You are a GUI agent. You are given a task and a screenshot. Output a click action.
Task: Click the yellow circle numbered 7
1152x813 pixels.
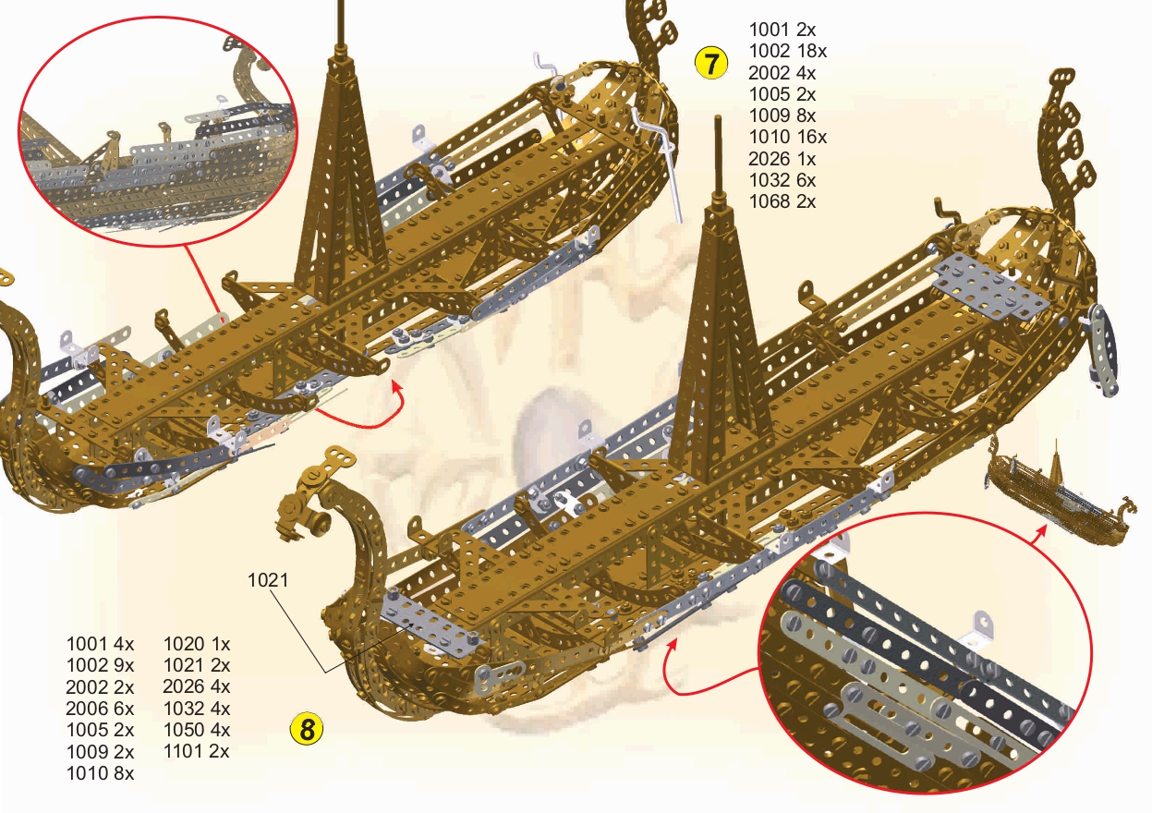(709, 65)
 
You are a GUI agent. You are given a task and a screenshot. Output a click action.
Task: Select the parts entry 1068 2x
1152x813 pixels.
(782, 201)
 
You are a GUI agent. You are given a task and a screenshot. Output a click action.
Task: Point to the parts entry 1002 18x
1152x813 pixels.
(787, 52)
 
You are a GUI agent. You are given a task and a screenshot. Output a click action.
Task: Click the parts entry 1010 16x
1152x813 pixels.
(787, 138)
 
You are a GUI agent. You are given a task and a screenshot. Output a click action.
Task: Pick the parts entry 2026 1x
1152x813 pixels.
(782, 159)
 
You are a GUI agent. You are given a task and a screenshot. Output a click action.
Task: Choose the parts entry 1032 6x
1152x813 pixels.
(782, 180)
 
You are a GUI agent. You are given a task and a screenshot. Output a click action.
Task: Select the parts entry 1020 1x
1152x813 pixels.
(196, 644)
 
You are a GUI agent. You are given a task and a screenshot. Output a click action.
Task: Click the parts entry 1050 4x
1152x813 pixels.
(196, 730)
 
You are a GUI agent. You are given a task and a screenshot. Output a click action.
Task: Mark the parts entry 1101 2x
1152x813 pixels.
(196, 751)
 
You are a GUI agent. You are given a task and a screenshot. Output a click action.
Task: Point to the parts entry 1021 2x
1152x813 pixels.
(196, 665)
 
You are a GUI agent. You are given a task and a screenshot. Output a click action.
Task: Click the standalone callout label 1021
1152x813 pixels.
(268, 580)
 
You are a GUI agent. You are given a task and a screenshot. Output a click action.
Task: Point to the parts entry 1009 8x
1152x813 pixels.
(782, 115)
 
